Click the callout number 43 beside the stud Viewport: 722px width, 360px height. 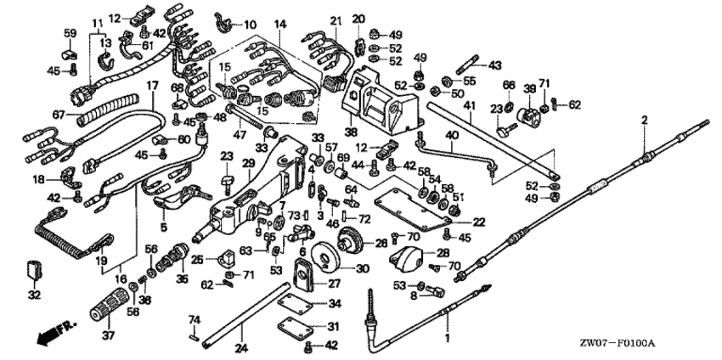pos(495,65)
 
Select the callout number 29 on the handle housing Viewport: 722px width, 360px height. pos(249,162)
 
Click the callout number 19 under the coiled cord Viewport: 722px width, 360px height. pos(101,262)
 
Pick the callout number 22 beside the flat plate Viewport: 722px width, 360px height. pos(478,222)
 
